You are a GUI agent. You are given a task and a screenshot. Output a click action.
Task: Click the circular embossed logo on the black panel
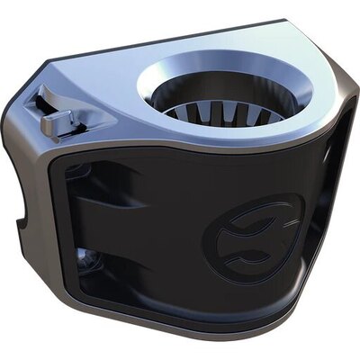click(241, 242)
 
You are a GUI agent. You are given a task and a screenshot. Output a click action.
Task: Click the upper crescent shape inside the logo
click(241, 225)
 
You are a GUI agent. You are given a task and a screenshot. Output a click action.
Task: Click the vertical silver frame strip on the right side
click(335, 180)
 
